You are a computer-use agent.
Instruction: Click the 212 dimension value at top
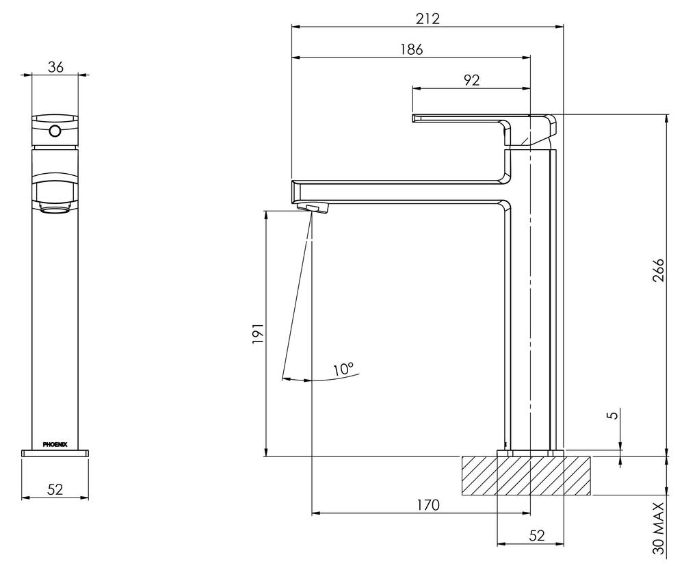click(x=428, y=18)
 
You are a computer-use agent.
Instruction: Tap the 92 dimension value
click(x=471, y=80)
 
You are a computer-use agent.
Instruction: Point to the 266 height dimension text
click(x=657, y=274)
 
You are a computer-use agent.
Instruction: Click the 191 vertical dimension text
click(x=258, y=333)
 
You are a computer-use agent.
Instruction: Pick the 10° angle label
click(x=343, y=370)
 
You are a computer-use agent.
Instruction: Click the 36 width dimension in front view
click(x=55, y=66)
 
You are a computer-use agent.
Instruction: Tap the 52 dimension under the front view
click(x=55, y=489)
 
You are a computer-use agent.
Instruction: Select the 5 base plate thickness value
click(x=614, y=415)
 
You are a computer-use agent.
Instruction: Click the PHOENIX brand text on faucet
click(x=55, y=444)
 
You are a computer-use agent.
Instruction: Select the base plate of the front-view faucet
click(x=55, y=452)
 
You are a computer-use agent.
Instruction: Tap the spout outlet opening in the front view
click(x=55, y=209)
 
